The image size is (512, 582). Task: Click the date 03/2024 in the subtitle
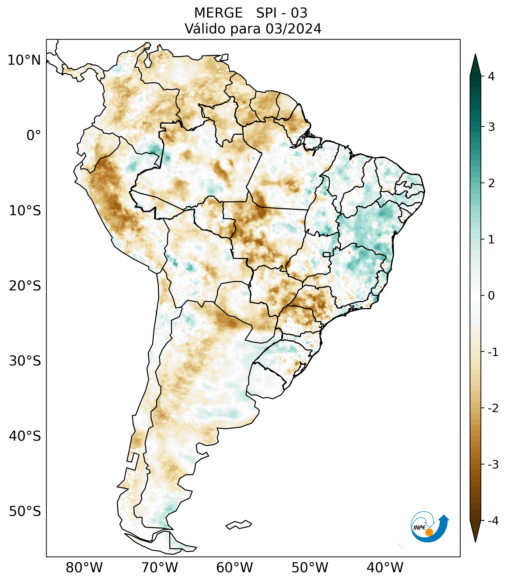coord(293,29)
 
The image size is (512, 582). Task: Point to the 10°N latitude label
coord(24,60)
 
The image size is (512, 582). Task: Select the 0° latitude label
coord(34,136)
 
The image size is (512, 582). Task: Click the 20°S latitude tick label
coord(25,286)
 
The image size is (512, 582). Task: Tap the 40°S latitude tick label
coord(25,436)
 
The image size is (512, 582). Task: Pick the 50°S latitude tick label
coord(25,511)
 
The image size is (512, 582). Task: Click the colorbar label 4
coord(491,76)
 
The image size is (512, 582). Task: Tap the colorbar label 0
coord(491,296)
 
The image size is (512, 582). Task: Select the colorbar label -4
coord(493,521)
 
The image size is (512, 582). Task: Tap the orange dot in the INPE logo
coord(429,532)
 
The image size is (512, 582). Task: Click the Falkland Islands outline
coord(239,525)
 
